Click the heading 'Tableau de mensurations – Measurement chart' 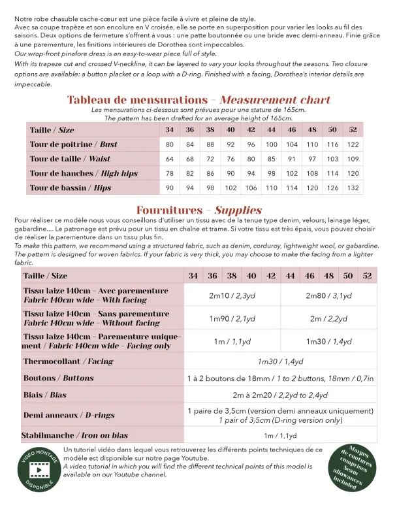click(198, 100)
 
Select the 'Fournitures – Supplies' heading click(198, 210)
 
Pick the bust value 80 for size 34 click(170, 144)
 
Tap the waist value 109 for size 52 click(353, 159)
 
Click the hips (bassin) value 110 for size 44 click(272, 188)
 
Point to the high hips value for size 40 click(230, 173)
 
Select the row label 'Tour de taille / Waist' click(70, 159)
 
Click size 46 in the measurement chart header click(292, 130)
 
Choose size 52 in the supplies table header click(367, 276)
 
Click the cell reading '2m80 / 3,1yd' click(328, 295)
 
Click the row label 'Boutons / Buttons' click(58, 378)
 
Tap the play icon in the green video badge click(40, 471)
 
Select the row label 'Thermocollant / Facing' click(68, 361)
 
